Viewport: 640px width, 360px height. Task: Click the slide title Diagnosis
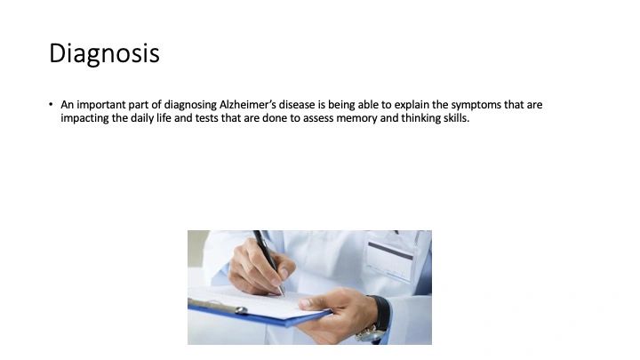point(104,54)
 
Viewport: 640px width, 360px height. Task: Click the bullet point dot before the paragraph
point(51,105)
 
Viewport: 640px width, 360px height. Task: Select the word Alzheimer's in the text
point(247,105)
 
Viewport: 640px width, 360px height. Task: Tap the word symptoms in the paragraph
point(476,105)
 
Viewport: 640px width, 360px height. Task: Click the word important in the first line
point(100,105)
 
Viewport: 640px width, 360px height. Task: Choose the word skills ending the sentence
point(456,118)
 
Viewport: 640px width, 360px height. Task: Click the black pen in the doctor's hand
point(268,261)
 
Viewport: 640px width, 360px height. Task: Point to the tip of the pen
point(283,295)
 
